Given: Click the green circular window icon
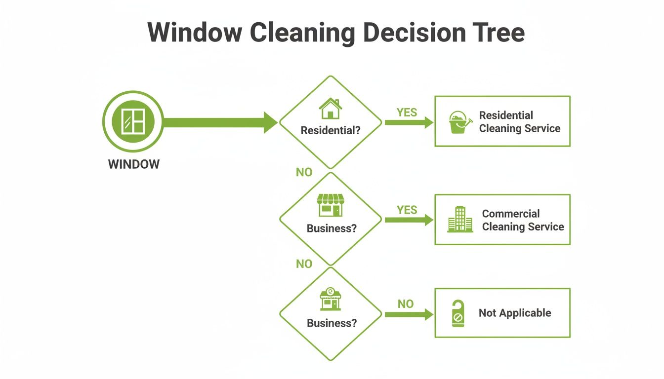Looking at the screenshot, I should coord(133,121).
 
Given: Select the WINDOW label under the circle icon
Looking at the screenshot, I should coord(134,164).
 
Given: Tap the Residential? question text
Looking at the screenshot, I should coord(331,131).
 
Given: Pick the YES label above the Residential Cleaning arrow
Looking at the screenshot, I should coord(407,113).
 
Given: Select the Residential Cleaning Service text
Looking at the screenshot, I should coord(519,122).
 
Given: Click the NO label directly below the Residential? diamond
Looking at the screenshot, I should coord(304,172).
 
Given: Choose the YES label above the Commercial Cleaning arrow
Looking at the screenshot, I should coord(407,210).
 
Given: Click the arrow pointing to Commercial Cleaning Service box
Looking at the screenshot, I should coord(409,220).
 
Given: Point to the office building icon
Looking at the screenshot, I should coord(460,220).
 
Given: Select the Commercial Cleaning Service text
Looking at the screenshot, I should coord(523,220).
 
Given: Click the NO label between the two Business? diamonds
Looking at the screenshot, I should coord(304,264).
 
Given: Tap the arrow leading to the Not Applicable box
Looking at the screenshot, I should coord(409,314).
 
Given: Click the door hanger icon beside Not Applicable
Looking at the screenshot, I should coord(458,313).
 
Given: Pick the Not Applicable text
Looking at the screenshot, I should coord(515,313).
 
